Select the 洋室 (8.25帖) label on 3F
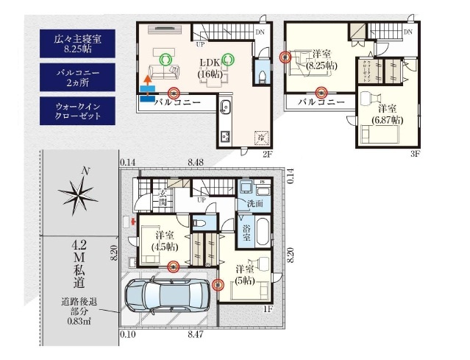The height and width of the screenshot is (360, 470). [321, 60]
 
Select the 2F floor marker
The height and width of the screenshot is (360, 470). [268, 154]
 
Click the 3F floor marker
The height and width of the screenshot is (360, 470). [414, 154]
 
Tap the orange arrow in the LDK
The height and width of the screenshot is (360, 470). [147, 78]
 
